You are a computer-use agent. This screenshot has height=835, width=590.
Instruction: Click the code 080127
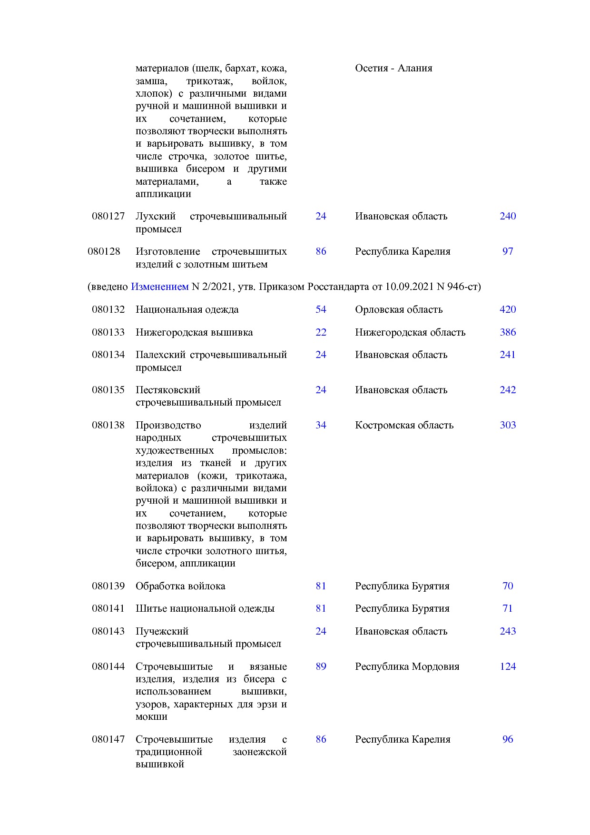tap(108, 216)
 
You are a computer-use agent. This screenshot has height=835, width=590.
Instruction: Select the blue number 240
tap(507, 216)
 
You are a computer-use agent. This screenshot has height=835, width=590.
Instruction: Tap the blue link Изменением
tap(159, 287)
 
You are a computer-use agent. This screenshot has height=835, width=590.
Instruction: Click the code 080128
tap(104, 251)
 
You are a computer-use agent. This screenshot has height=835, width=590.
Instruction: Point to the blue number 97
tap(507, 251)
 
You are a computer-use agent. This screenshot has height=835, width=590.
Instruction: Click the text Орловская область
tap(398, 309)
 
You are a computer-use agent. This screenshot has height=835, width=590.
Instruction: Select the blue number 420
tap(507, 309)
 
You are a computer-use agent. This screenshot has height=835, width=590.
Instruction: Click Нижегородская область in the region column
tap(410, 332)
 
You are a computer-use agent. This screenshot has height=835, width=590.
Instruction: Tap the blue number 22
tap(321, 332)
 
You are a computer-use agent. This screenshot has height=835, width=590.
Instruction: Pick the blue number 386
tap(507, 332)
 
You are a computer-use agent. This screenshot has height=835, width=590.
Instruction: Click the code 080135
tap(108, 390)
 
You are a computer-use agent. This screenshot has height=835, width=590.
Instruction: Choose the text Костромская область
tap(404, 425)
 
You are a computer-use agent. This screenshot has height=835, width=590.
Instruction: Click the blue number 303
tap(507, 425)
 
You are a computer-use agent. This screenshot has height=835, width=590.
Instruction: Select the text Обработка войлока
tap(180, 586)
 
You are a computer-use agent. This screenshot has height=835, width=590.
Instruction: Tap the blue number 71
tap(507, 608)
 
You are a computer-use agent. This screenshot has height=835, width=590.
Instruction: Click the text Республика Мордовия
tap(407, 666)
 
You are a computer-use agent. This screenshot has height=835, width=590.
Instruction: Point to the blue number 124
tap(507, 666)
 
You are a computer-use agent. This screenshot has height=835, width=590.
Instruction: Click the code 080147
tap(108, 739)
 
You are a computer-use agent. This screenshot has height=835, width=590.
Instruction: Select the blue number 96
tap(507, 739)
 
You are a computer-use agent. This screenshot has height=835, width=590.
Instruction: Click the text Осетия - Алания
tap(393, 68)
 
